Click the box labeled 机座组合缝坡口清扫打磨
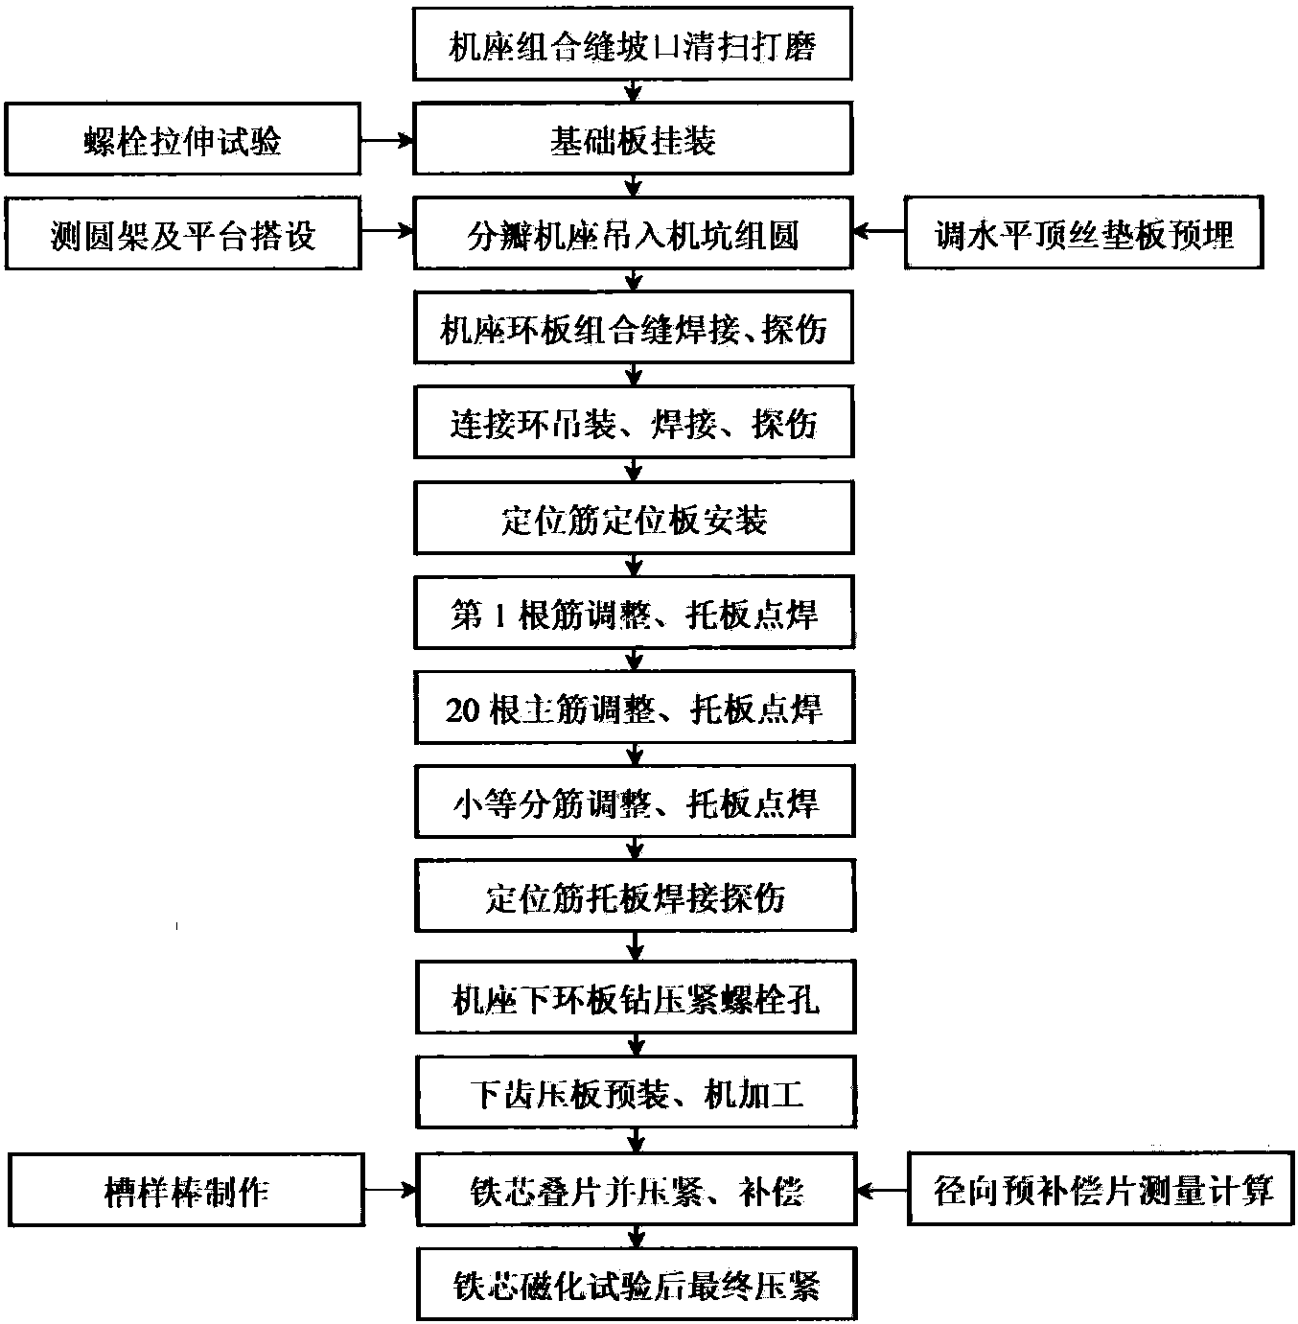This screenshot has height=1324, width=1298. [632, 44]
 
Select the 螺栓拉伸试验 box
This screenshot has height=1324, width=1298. [183, 139]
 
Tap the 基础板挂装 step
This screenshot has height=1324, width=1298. [633, 139]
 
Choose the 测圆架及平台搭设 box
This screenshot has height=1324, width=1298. [183, 234]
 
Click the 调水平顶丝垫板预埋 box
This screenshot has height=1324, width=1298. [1083, 232]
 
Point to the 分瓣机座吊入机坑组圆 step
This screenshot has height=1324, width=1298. [633, 233]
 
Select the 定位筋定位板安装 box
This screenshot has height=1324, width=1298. [634, 518]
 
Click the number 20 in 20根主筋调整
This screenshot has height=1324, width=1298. [462, 709]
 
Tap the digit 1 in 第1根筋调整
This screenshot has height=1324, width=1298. [499, 615]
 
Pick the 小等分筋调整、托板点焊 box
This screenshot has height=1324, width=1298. [635, 801]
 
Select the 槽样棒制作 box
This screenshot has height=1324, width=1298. [186, 1190]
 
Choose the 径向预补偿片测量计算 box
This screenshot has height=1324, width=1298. [1101, 1190]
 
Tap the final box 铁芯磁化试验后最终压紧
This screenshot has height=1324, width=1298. [637, 1285]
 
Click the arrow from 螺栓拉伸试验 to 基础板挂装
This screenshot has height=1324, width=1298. [387, 140]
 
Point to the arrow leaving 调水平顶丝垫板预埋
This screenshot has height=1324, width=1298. [878, 232]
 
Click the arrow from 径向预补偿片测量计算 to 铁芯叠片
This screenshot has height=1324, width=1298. [882, 1190]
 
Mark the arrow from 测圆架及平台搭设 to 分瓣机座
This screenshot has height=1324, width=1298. [387, 232]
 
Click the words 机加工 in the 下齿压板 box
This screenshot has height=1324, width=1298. [753, 1094]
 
